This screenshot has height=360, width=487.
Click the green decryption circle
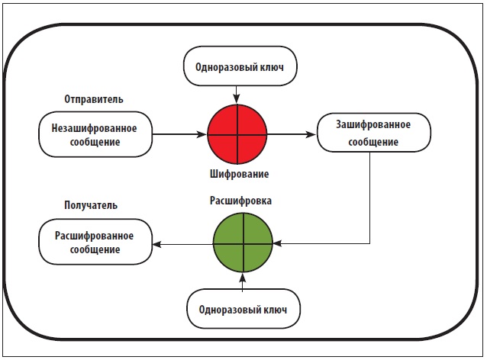pyautogui.click(x=243, y=243)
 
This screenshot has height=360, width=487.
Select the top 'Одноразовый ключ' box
pyautogui.click(x=239, y=68)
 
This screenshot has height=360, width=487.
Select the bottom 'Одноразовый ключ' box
pyautogui.click(x=243, y=310)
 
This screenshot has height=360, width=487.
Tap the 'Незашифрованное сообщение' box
pyautogui.click(x=94, y=135)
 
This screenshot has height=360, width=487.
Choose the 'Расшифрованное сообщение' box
pyautogui.click(x=94, y=243)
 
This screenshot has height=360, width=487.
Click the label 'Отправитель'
pyautogui.click(x=95, y=100)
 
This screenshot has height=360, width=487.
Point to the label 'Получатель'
pyautogui.click(x=90, y=207)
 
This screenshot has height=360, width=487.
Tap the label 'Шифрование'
pyautogui.click(x=239, y=174)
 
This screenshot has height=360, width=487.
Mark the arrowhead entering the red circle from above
pyautogui.click(x=237, y=100)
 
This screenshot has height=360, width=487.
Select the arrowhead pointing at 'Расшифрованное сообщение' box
pyautogui.click(x=156, y=243)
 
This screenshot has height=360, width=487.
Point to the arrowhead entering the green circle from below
pyautogui.click(x=243, y=276)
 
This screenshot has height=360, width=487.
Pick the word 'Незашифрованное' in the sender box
pyautogui.click(x=94, y=127)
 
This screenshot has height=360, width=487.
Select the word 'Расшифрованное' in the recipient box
pyautogui.click(x=94, y=235)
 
